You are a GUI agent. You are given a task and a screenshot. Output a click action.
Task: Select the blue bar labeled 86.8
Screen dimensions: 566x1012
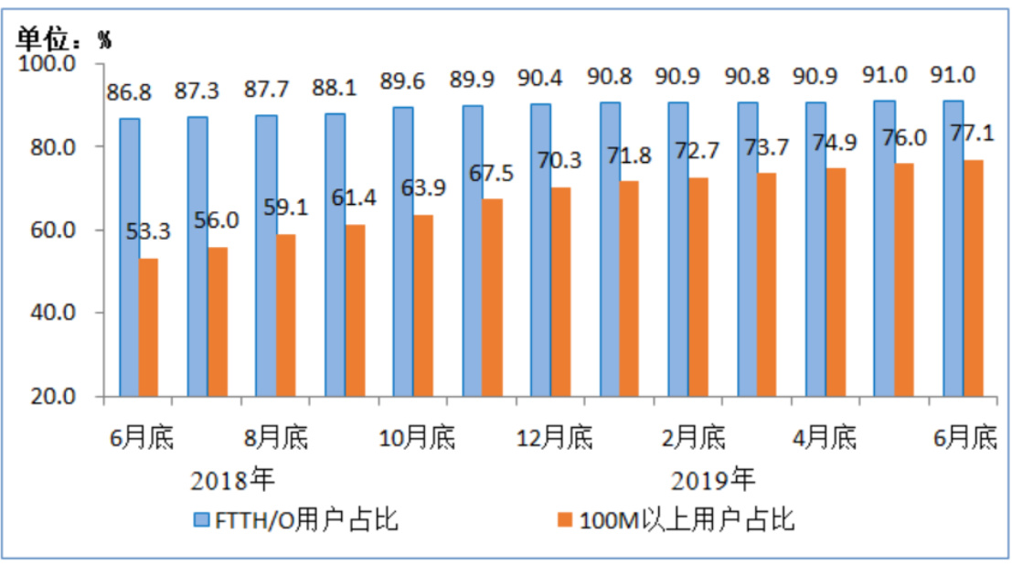pyautogui.click(x=129, y=257)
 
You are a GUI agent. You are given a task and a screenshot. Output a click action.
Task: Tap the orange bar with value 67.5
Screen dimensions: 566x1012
pyautogui.click(x=492, y=297)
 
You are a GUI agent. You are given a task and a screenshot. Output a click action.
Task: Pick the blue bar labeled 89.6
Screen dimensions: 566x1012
pyautogui.click(x=403, y=251)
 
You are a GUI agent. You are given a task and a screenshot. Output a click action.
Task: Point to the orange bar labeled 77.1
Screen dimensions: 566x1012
pyautogui.click(x=973, y=278)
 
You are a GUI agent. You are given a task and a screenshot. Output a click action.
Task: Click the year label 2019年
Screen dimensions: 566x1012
pyautogui.click(x=714, y=478)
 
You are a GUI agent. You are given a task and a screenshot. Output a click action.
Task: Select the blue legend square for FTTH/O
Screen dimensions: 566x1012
pyautogui.click(x=203, y=521)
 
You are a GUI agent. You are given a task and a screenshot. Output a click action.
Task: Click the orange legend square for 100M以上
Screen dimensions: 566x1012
pyautogui.click(x=564, y=521)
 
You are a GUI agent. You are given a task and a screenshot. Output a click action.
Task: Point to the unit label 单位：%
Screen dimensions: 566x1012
pyautogui.click(x=65, y=37)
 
